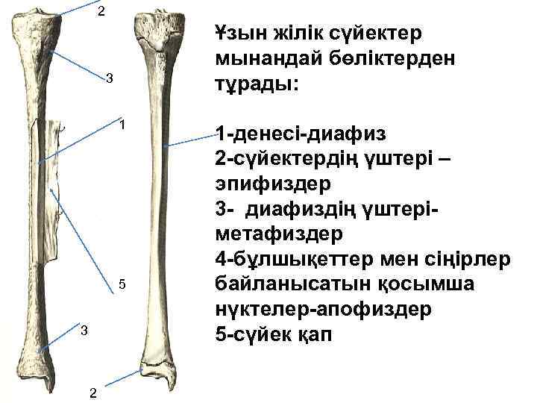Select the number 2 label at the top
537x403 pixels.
tap(101, 10)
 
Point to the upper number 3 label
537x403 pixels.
tap(109, 78)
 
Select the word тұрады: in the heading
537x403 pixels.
tap(256, 84)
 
